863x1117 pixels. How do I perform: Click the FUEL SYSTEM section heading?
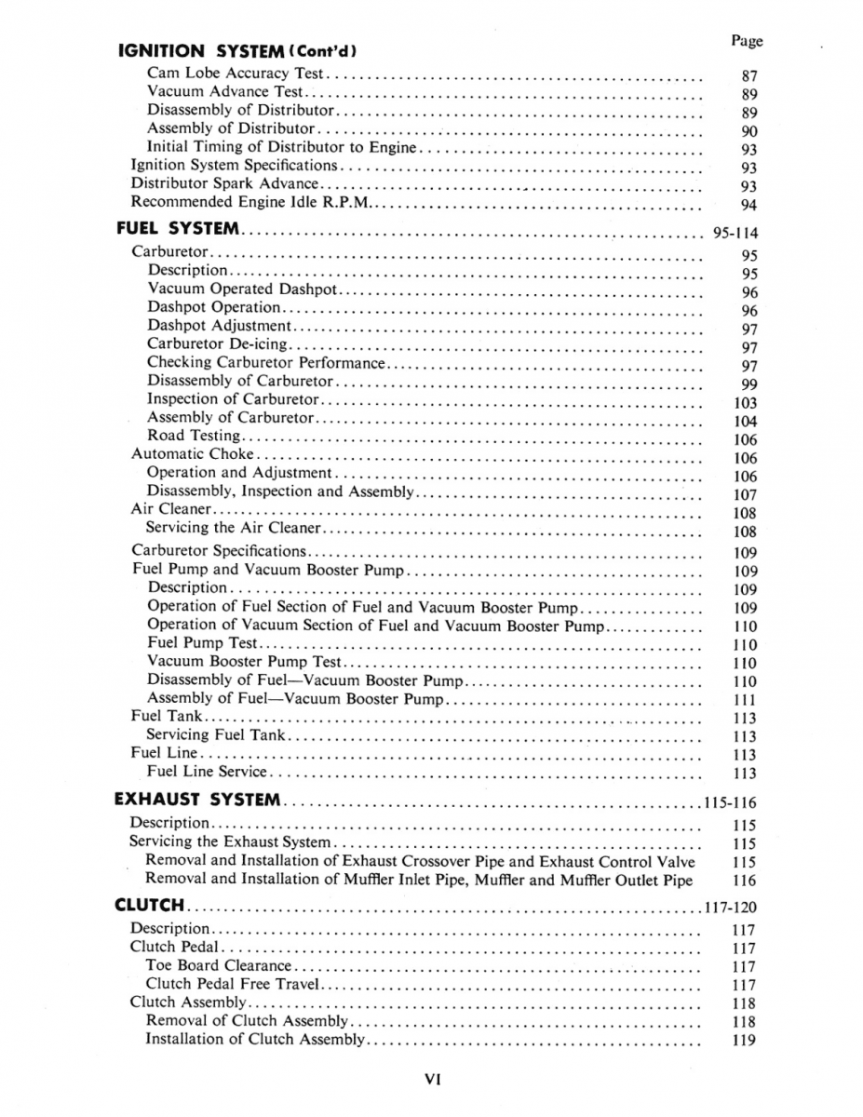(x=178, y=228)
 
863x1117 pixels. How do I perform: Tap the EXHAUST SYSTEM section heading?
(x=196, y=800)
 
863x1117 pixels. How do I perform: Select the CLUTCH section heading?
(x=148, y=905)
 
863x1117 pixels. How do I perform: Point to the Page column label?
(x=747, y=41)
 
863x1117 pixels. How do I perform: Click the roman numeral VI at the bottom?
(x=432, y=1080)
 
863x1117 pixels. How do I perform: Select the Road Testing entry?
(x=194, y=436)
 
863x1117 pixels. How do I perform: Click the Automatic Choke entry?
(x=192, y=454)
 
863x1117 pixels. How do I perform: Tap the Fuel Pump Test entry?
(x=202, y=642)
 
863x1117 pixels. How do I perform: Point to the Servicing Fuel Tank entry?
(x=216, y=734)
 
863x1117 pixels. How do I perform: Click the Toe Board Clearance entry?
(x=219, y=965)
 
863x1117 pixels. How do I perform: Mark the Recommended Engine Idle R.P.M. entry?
(x=249, y=201)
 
